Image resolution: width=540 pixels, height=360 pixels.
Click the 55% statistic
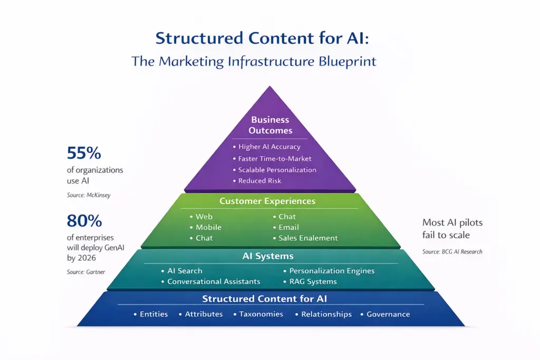tap(84, 154)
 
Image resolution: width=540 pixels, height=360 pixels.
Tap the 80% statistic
tap(84, 221)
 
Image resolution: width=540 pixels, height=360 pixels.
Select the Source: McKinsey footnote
tap(89, 195)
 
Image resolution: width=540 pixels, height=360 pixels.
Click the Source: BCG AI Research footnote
tap(452, 252)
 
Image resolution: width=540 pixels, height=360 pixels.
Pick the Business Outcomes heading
tap(271, 125)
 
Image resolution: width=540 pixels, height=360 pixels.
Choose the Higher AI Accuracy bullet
tap(269, 147)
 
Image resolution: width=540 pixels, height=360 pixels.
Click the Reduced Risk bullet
tap(259, 181)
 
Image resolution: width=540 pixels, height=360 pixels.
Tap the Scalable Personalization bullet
tap(277, 170)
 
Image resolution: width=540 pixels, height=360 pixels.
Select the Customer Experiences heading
tap(267, 201)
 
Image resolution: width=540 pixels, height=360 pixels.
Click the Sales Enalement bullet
tap(308, 238)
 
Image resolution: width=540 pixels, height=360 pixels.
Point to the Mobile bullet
tap(208, 227)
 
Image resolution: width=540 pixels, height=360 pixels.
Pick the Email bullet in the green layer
tap(288, 227)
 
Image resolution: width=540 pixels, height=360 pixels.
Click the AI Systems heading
tap(267, 257)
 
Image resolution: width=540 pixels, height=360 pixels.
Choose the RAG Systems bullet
tap(313, 281)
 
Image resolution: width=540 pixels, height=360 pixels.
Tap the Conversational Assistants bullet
tap(214, 281)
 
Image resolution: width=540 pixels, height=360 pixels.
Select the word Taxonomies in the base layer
tap(261, 314)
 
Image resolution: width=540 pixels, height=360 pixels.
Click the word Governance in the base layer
tap(388, 314)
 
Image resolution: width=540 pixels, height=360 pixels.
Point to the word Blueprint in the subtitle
tap(347, 61)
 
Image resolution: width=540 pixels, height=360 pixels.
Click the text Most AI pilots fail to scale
tap(452, 229)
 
